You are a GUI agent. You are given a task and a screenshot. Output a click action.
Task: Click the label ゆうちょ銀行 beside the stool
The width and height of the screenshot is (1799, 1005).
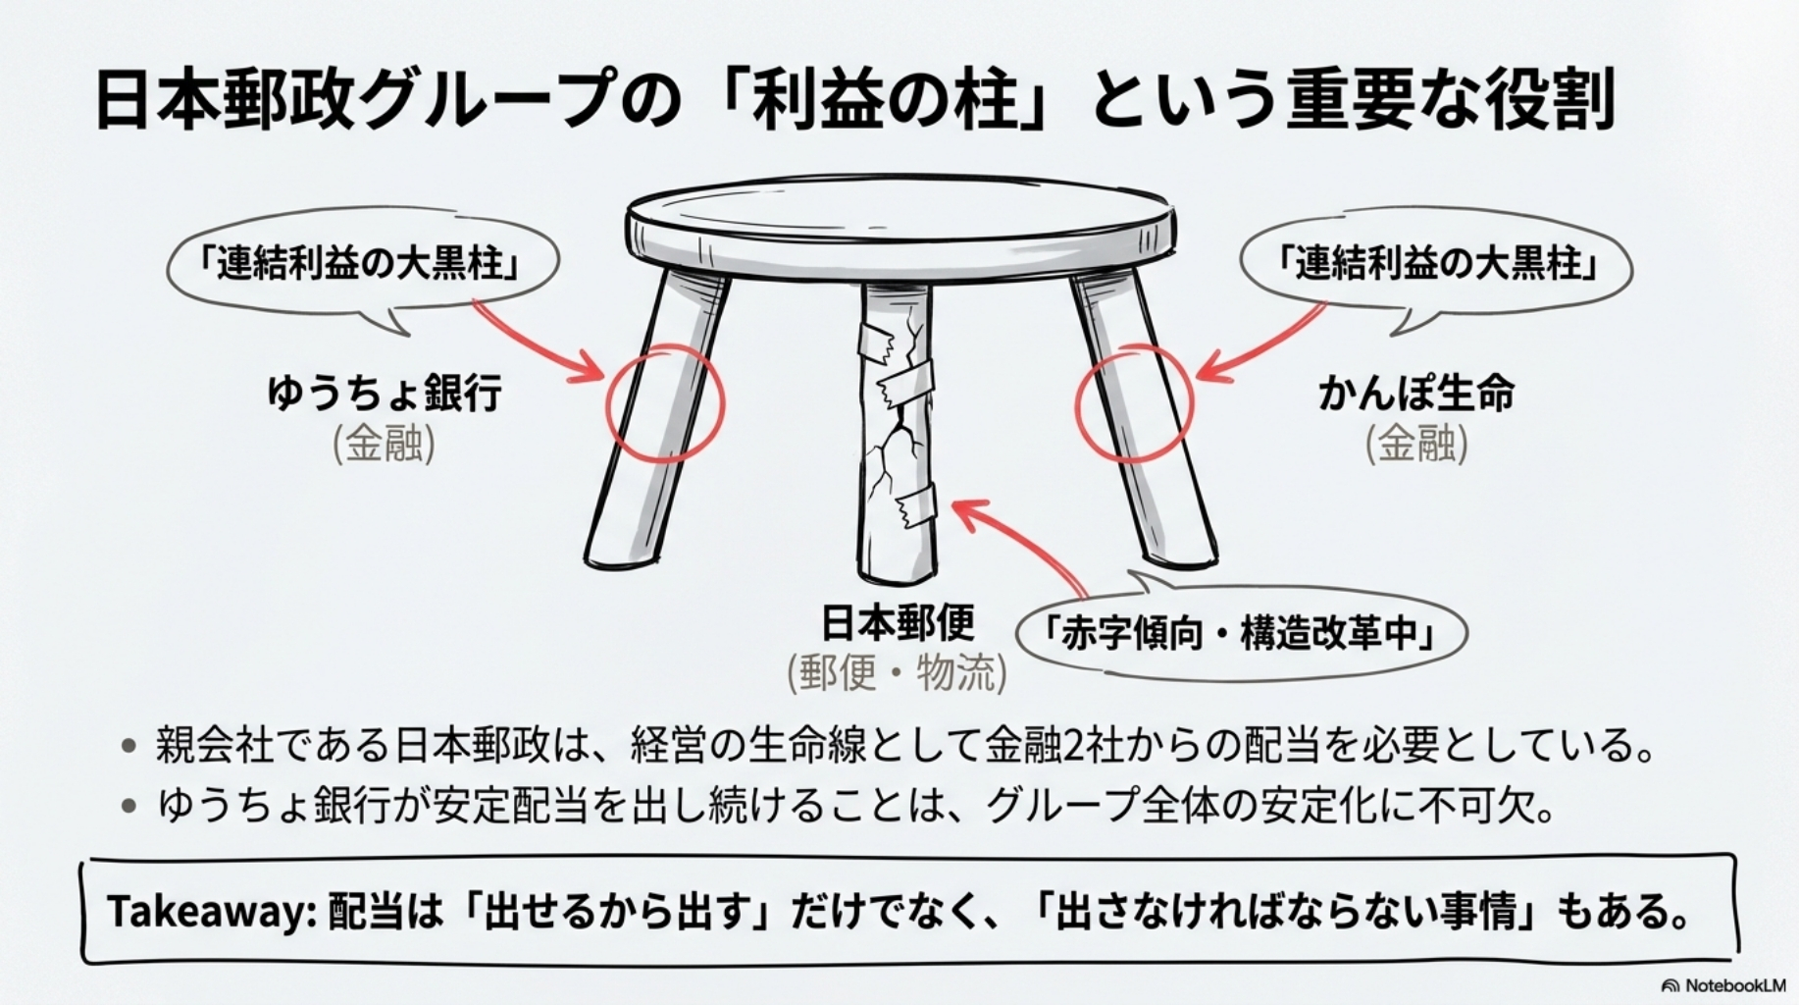[385, 393]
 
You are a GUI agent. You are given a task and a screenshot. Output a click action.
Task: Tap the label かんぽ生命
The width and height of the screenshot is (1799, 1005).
[1416, 393]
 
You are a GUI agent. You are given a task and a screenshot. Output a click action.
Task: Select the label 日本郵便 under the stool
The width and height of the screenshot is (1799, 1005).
[898, 622]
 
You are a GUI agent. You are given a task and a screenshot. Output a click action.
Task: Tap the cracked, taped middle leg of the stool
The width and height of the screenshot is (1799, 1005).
[897, 432]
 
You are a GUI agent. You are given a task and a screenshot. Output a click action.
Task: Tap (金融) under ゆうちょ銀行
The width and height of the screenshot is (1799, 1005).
[384, 444]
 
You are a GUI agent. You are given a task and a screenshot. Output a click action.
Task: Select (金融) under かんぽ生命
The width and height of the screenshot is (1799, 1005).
[1416, 444]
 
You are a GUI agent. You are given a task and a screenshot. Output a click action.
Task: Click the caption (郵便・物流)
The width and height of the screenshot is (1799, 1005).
[897, 673]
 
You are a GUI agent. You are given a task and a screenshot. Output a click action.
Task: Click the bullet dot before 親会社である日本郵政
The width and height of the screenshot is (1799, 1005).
[128, 746]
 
